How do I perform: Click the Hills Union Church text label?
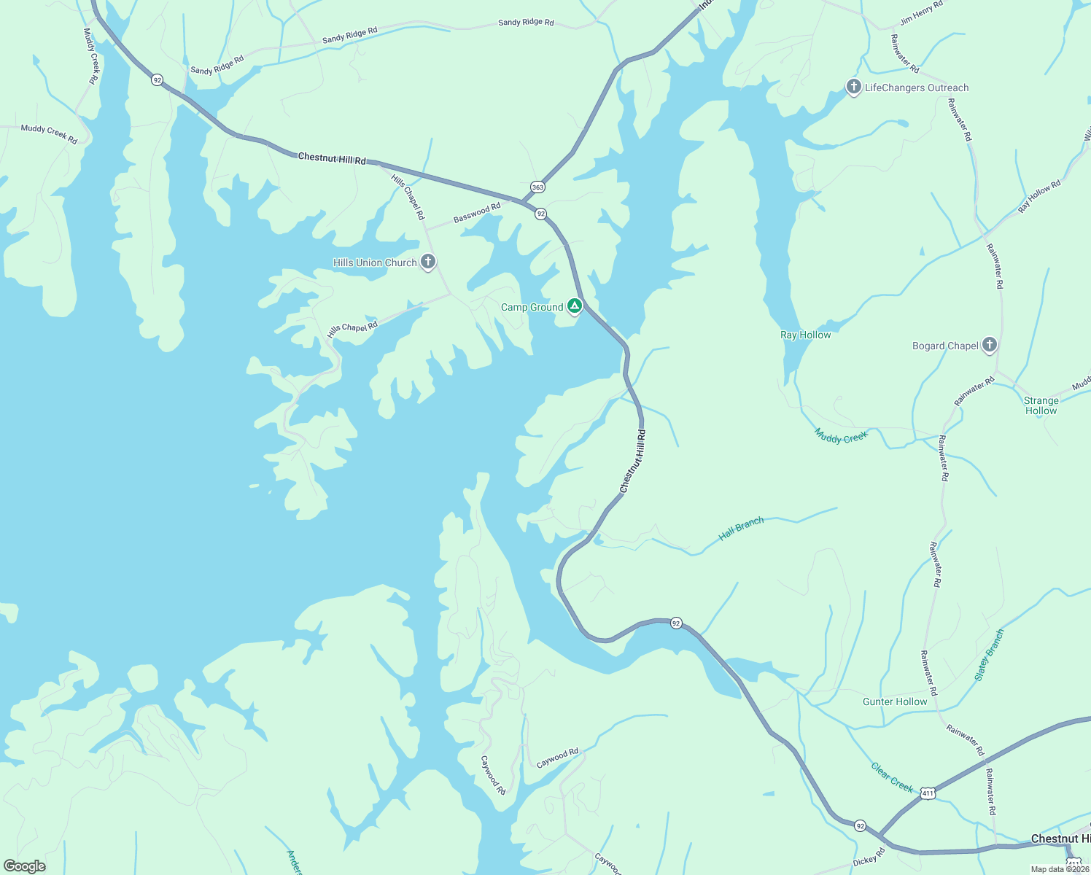pyautogui.click(x=375, y=262)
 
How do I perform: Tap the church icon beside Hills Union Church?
pyautogui.click(x=428, y=261)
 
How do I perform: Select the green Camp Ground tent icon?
pyautogui.click(x=575, y=306)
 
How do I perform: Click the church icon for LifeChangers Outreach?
pyautogui.click(x=853, y=87)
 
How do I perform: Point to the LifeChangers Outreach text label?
pyautogui.click(x=917, y=87)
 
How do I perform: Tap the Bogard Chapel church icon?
pyautogui.click(x=989, y=344)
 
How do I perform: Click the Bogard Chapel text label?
pyautogui.click(x=945, y=346)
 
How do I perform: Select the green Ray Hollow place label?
pyautogui.click(x=805, y=335)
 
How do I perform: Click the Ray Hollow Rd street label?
pyautogui.click(x=1039, y=196)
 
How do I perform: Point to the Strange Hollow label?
pyautogui.click(x=1041, y=405)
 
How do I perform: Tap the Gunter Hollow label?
pyautogui.click(x=895, y=701)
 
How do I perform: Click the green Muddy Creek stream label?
pyautogui.click(x=841, y=436)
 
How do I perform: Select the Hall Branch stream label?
pyautogui.click(x=741, y=528)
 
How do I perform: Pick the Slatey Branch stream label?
pyautogui.click(x=990, y=655)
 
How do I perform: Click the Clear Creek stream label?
pyautogui.click(x=892, y=777)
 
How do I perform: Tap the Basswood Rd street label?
pyautogui.click(x=477, y=212)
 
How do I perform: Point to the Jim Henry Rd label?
pyautogui.click(x=921, y=13)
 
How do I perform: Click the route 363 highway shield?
pyautogui.click(x=537, y=187)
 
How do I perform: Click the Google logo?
pyautogui.click(x=25, y=866)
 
